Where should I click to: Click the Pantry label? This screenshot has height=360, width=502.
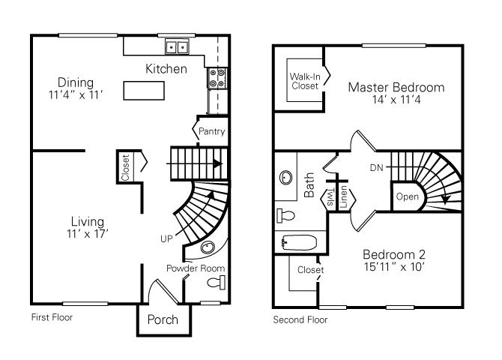[x=212, y=133]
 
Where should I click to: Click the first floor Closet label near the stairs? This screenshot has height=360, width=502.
[x=125, y=166]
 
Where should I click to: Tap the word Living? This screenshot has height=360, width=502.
[x=88, y=221]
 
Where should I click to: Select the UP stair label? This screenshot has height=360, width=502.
[x=166, y=238]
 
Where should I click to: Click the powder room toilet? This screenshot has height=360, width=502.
[x=216, y=283]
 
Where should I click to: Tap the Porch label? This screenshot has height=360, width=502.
[x=163, y=319]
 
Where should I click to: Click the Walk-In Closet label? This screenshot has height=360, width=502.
[x=304, y=81]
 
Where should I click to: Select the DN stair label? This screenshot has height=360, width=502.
[x=377, y=166]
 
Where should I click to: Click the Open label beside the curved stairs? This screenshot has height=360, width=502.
[x=407, y=197]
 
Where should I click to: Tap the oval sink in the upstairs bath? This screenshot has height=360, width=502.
[x=285, y=178]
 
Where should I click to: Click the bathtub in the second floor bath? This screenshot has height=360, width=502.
[x=300, y=242]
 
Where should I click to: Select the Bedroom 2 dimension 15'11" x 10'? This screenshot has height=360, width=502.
[x=394, y=266]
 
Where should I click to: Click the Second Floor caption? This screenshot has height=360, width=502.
[x=300, y=319]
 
